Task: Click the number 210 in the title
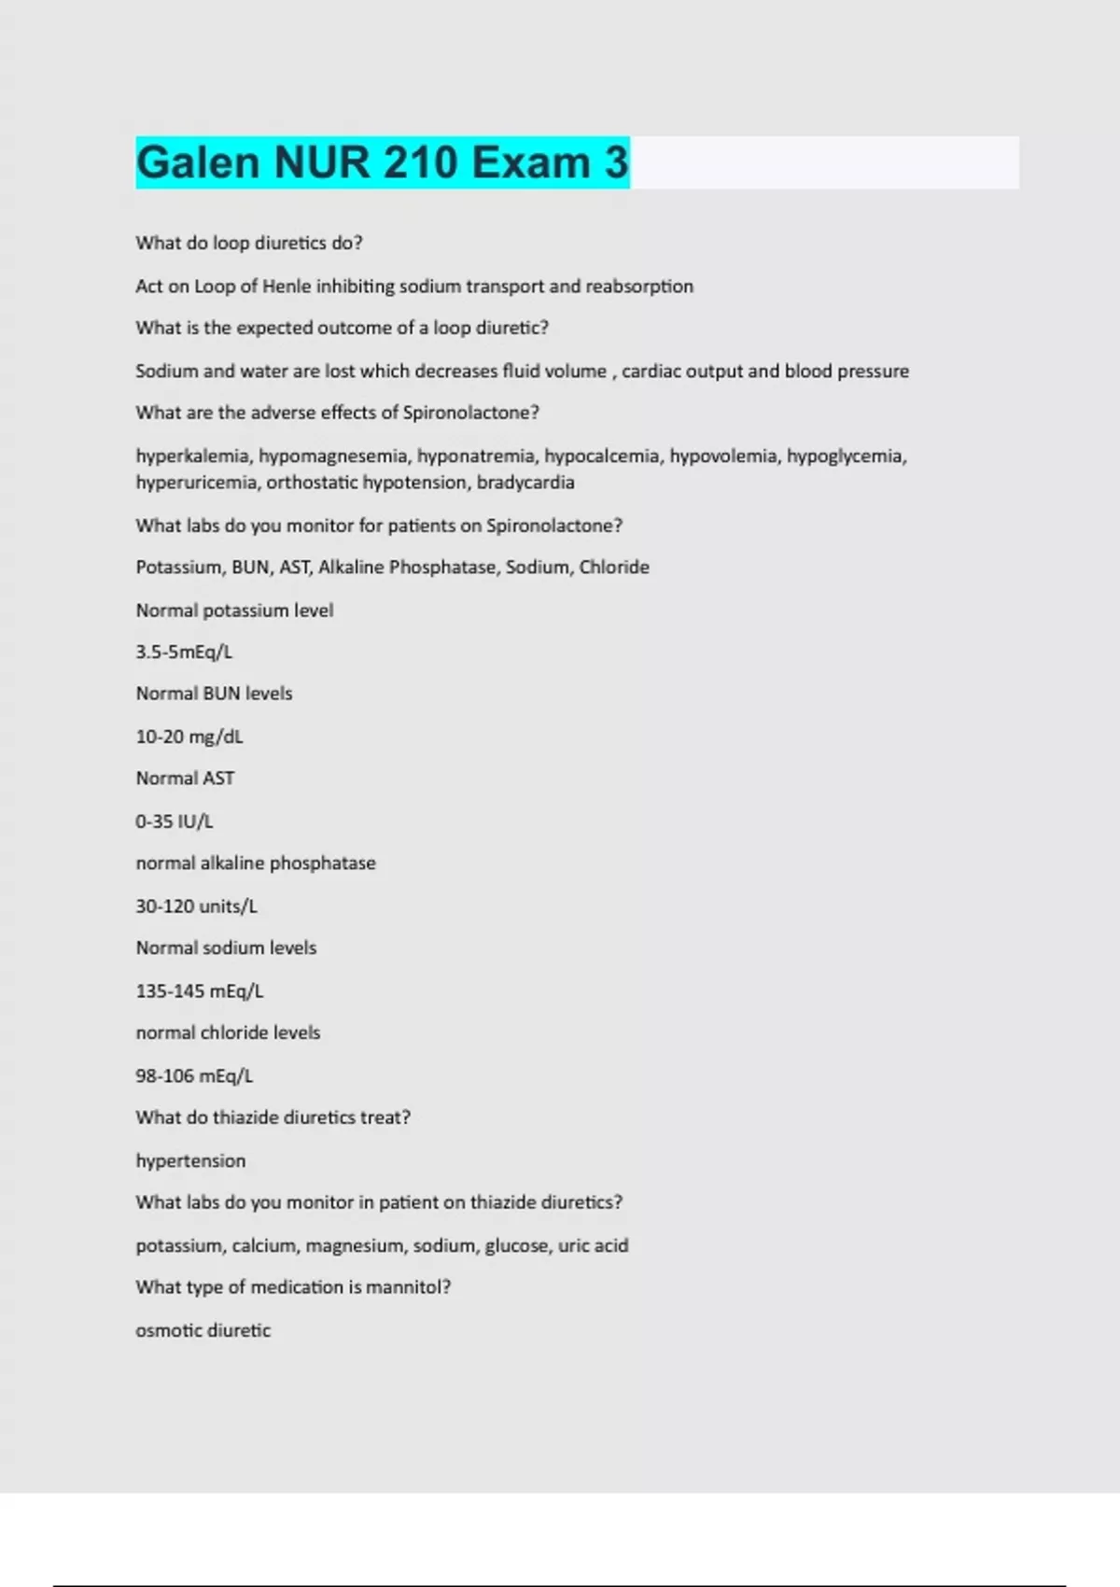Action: tap(421, 162)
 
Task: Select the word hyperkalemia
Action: tap(192, 456)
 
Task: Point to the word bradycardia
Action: tap(525, 483)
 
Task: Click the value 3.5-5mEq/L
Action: tap(184, 652)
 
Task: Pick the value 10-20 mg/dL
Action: tap(189, 737)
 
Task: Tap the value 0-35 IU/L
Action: tap(175, 822)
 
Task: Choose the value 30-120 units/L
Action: tap(197, 906)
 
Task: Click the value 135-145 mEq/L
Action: tap(200, 990)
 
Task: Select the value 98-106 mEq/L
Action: tap(194, 1075)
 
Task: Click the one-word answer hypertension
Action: tap(190, 1160)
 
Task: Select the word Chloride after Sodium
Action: tap(614, 568)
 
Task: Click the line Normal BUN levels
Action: tap(214, 694)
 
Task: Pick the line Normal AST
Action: tap(185, 779)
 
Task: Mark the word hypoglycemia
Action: tap(845, 456)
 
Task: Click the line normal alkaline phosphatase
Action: tap(256, 864)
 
